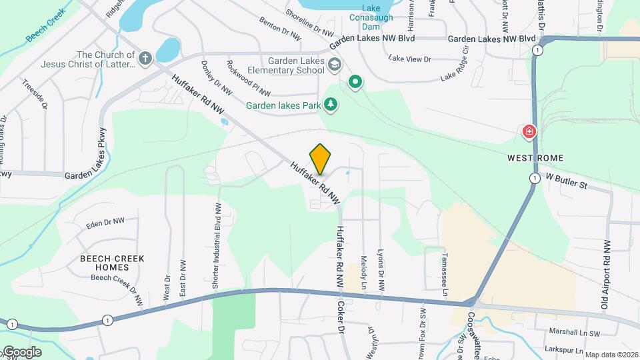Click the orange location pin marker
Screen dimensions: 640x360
tap(321, 159)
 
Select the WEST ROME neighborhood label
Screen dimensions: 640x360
tap(535, 158)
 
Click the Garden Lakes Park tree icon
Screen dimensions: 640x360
tap(330, 105)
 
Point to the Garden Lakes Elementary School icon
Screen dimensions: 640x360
tap(335, 65)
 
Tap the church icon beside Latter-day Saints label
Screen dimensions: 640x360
tap(145, 59)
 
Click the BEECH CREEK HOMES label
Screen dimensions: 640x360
tap(105, 263)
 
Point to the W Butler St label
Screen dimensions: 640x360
tap(566, 181)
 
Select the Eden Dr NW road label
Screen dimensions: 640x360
tap(105, 222)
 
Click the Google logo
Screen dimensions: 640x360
tap(21, 352)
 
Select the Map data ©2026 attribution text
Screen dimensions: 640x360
tap(611, 355)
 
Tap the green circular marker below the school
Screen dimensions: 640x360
tap(356, 83)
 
